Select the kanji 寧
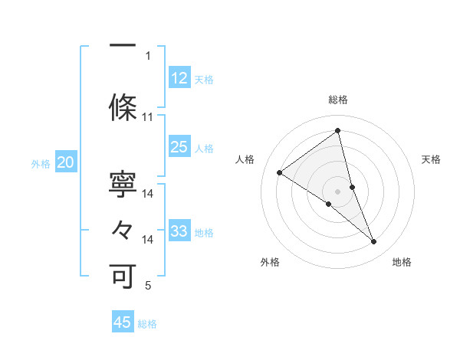pos(123,184)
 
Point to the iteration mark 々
pos(123,228)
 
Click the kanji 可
pos(123,274)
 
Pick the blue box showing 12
pos(179,78)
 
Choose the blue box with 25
pos(179,147)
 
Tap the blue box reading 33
pos(179,231)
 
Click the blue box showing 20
pos(66,162)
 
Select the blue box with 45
pos(123,322)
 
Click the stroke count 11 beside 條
pos(148,117)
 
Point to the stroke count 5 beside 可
pos(148,286)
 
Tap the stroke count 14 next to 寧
pos(148,194)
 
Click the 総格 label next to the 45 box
pos(147,324)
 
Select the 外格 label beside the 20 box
pos(41,164)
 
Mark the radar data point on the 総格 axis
pos(338,130)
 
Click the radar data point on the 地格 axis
pos(374,242)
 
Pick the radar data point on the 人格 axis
pos(280,172)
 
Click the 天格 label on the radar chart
pos(431,159)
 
